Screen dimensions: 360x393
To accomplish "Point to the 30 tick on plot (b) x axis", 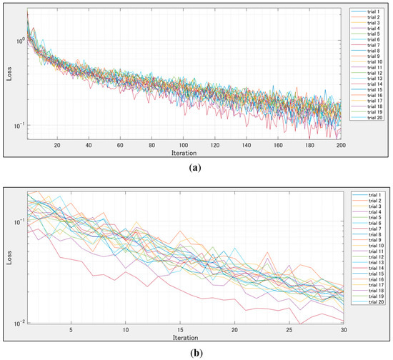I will [343, 331].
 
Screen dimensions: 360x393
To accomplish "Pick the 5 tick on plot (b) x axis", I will [71, 331].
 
